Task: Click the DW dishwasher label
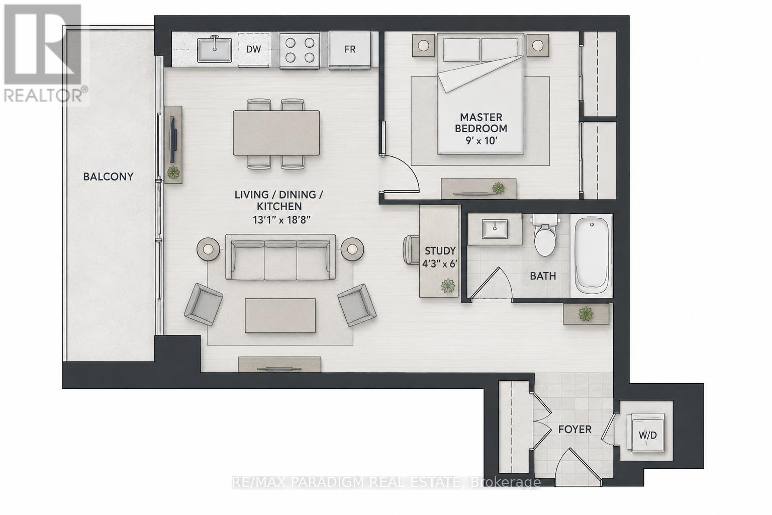click(253, 49)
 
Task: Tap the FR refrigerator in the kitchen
click(350, 50)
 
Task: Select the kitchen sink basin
click(215, 50)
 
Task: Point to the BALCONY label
click(108, 177)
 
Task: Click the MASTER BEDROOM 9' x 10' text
click(481, 129)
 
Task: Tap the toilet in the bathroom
click(545, 234)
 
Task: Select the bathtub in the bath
click(592, 255)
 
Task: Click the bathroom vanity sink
click(495, 229)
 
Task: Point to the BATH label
click(543, 276)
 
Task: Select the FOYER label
click(575, 430)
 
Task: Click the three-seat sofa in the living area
click(280, 257)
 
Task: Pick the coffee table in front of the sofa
click(280, 316)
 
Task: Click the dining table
click(276, 133)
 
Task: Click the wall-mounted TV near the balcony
click(173, 139)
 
